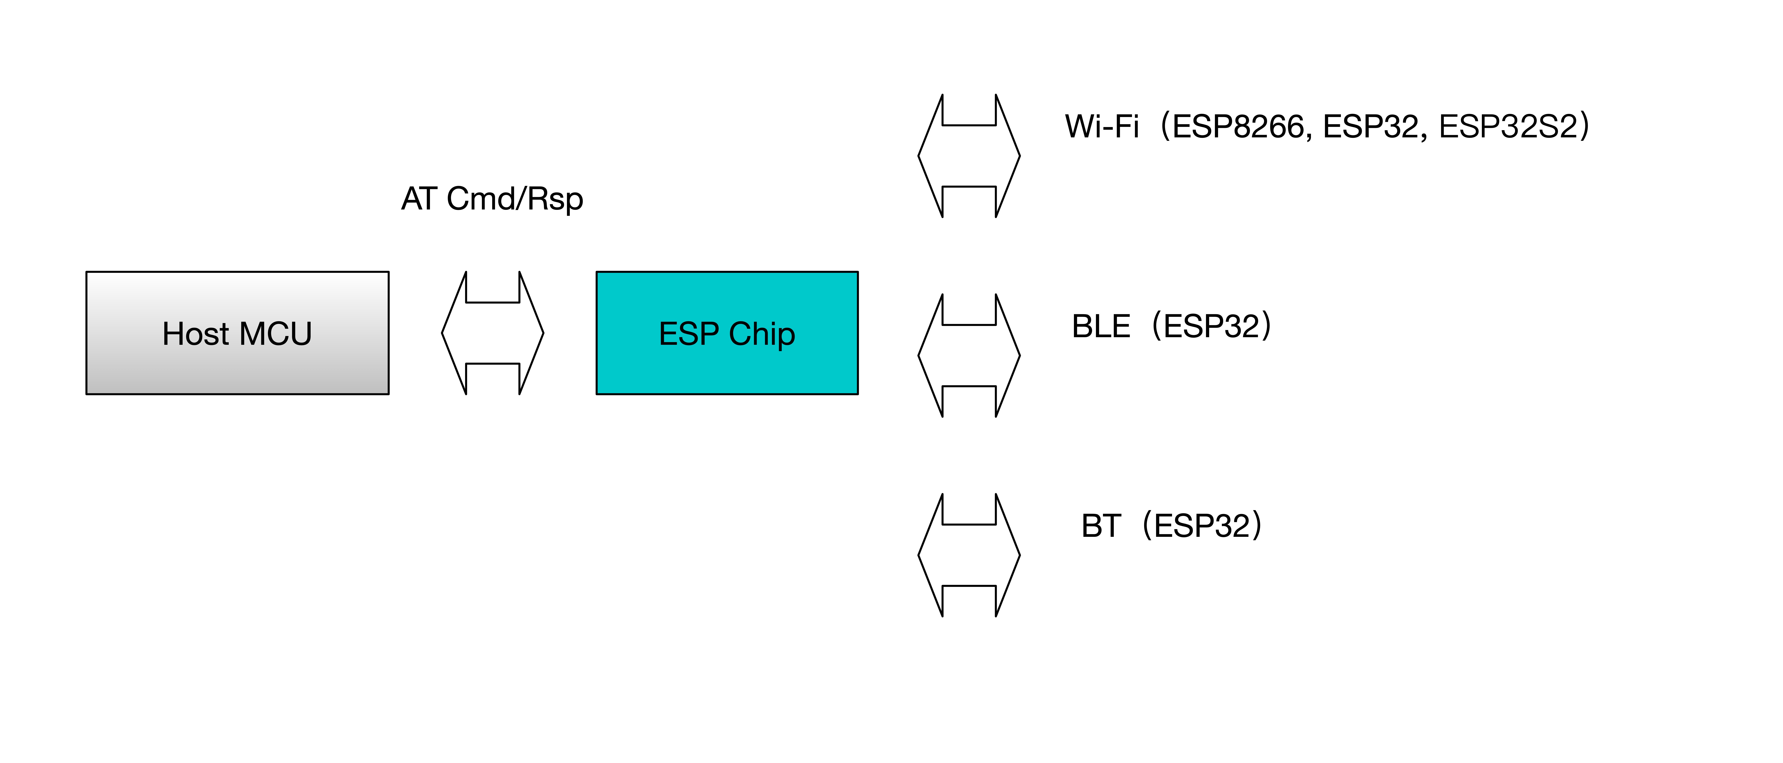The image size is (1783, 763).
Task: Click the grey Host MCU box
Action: pyautogui.click(x=237, y=333)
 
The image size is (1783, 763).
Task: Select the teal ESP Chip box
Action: pyautogui.click(x=727, y=333)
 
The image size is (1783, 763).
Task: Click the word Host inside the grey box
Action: pyautogui.click(x=195, y=334)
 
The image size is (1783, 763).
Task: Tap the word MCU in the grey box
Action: pyautogui.click(x=276, y=334)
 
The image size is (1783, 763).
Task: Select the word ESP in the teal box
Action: pyautogui.click(x=689, y=334)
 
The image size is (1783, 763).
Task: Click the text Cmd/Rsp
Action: pyautogui.click(x=515, y=199)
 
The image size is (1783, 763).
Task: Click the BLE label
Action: pyautogui.click(x=1101, y=326)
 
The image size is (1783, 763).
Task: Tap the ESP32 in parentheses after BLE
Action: pyautogui.click(x=1211, y=326)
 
